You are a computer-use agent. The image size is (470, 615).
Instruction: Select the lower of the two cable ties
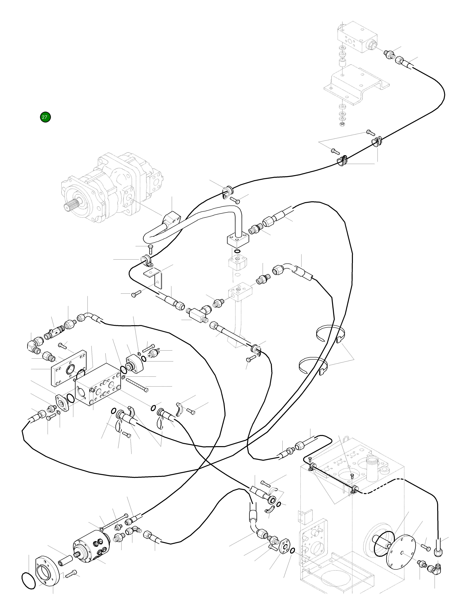pyautogui.click(x=313, y=365)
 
